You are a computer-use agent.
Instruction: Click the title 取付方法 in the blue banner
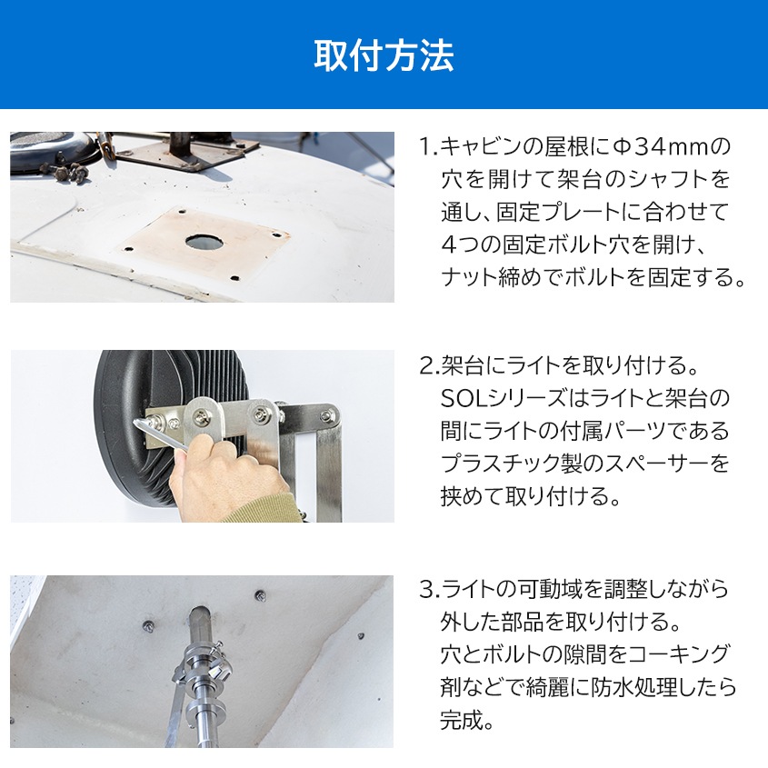pyautogui.click(x=384, y=55)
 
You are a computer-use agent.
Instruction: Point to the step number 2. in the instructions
pyautogui.click(x=428, y=366)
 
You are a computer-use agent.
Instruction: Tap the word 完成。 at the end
pyautogui.click(x=466, y=721)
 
